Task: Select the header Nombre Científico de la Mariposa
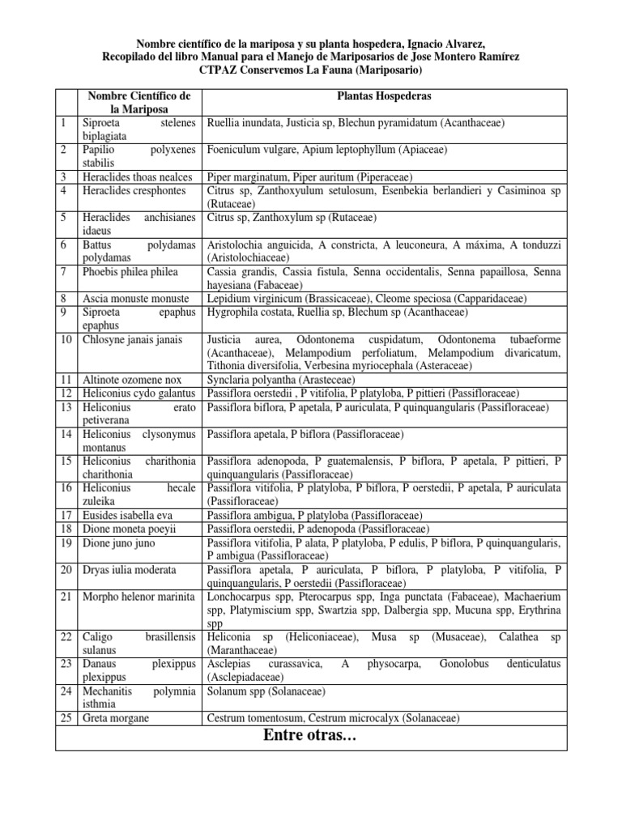tap(138, 103)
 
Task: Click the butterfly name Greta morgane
tap(117, 717)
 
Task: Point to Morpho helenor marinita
tap(138, 597)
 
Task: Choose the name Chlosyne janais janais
tap(133, 340)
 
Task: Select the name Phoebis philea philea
tap(130, 271)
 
